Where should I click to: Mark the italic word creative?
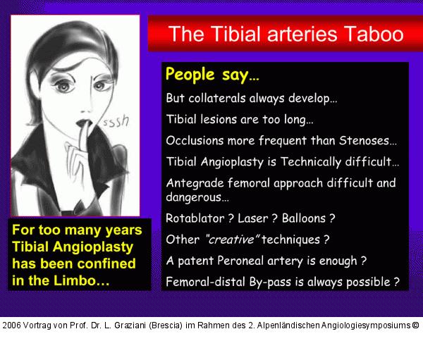(x=229, y=240)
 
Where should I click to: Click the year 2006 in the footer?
(x=13, y=325)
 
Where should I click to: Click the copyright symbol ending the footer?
(x=415, y=325)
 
